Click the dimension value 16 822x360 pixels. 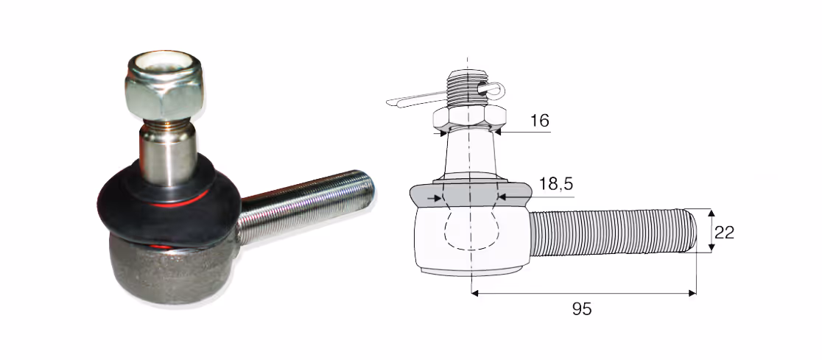(x=539, y=121)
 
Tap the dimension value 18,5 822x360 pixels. (x=555, y=184)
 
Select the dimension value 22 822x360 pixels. (x=724, y=232)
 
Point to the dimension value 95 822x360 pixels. (x=582, y=309)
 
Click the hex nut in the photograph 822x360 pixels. (x=164, y=88)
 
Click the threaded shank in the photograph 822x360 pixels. (x=306, y=206)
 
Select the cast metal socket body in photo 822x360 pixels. (x=168, y=270)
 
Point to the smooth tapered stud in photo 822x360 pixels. (x=168, y=155)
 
